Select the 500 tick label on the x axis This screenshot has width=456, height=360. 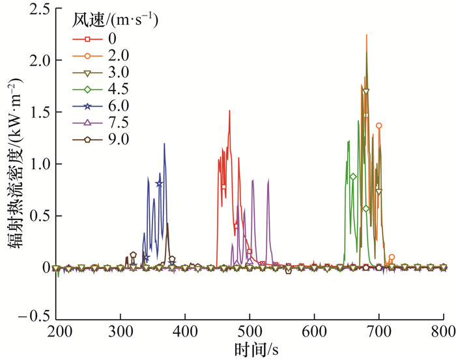coord(250,331)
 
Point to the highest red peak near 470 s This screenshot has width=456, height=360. coord(229,111)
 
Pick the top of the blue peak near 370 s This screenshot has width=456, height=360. coord(164,143)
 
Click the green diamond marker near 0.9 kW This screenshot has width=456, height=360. coord(353,177)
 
